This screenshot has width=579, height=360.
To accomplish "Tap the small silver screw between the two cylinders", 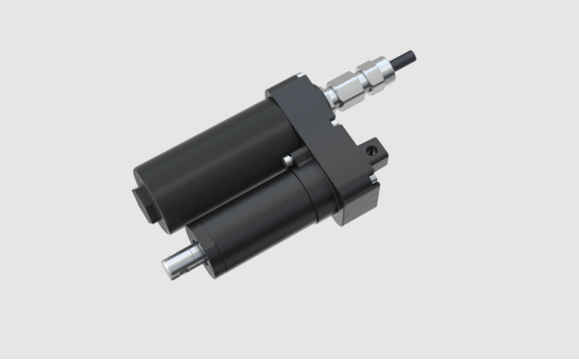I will (286, 157).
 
